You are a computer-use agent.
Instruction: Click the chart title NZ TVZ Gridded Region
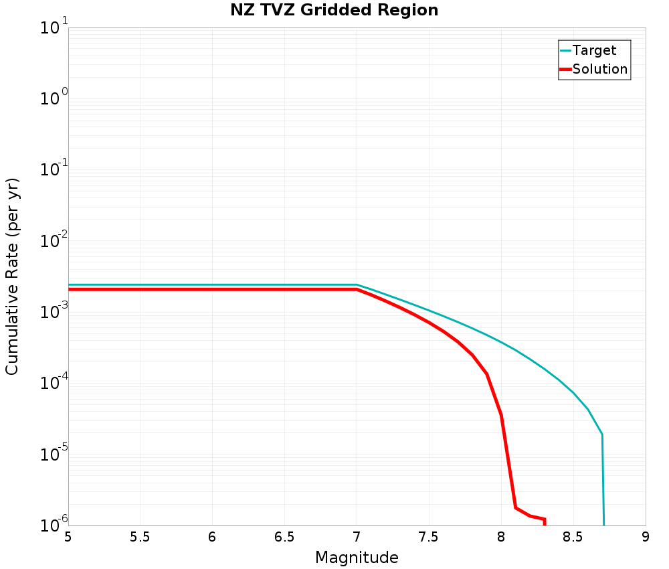(334, 10)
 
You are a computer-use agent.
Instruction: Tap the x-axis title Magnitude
(357, 558)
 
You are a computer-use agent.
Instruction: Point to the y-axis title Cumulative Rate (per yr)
(12, 276)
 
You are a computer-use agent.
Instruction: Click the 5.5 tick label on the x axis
(140, 537)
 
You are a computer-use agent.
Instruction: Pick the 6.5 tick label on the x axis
(284, 537)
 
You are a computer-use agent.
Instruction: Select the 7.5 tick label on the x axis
(428, 537)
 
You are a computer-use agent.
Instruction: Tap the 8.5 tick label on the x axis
(573, 537)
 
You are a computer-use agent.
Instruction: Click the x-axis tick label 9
(645, 537)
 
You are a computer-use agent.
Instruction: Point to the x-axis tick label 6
(212, 537)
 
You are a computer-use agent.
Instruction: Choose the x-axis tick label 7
(357, 537)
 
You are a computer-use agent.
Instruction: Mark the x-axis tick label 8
(501, 537)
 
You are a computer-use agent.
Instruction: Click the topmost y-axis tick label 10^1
(54, 27)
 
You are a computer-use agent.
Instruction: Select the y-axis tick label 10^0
(54, 98)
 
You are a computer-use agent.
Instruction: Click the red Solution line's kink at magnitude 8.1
(515, 507)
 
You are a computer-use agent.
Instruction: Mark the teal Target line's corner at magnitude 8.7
(601, 434)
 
